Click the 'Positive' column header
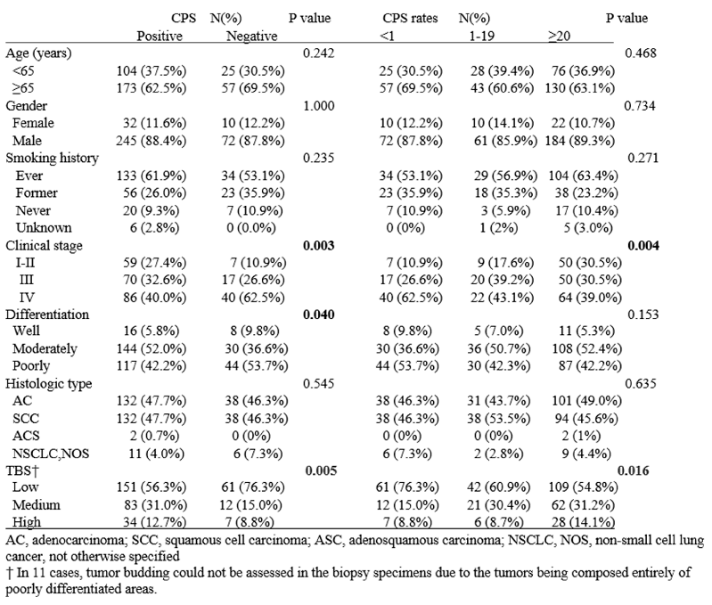coord(160,36)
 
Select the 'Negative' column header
coord(252,36)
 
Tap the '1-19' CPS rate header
coord(482,36)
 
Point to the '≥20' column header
coord(560,36)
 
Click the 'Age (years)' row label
coord(38,53)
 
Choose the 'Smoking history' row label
coord(52,158)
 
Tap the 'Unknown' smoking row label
coord(44,227)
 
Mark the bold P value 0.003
coord(319,246)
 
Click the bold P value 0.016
coord(634,470)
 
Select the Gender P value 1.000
coord(319,106)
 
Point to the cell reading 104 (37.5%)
coord(151,70)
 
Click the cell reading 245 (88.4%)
coord(151,141)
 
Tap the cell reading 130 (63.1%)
coord(580,87)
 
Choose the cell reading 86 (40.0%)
coord(155,298)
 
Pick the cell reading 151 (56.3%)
coord(151,487)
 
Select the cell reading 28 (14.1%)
coord(584,522)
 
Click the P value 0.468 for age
coord(641,53)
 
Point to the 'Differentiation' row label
coord(47,315)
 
